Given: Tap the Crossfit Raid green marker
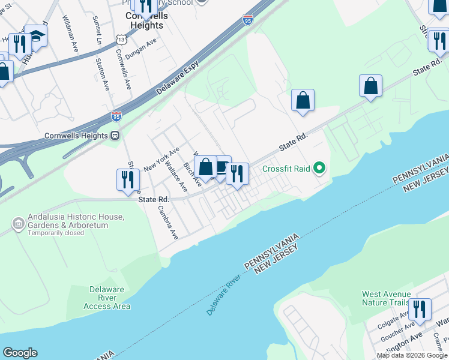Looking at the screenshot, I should point(319,169).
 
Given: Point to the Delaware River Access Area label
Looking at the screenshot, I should point(107,298).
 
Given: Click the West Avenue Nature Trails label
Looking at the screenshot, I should point(387,298).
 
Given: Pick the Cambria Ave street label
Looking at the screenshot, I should point(168,222).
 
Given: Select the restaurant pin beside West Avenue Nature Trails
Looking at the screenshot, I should point(420,310).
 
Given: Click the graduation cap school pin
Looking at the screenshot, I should point(36,37).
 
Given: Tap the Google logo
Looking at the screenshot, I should point(20,353).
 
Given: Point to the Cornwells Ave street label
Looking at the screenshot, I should point(123,69).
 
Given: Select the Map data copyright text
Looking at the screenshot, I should point(411,355).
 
